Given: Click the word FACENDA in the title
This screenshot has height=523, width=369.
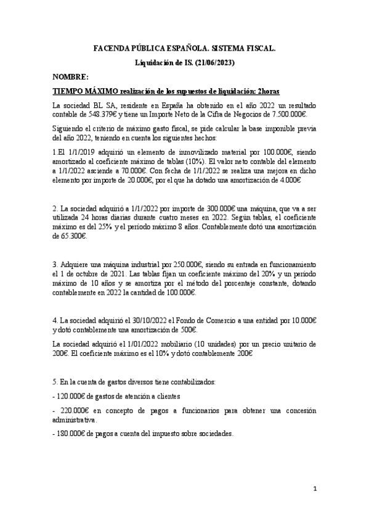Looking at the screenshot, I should click(x=113, y=47).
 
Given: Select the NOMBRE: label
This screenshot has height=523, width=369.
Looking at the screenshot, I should click(x=71, y=77).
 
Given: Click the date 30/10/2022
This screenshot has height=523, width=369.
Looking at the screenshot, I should click(x=132, y=320).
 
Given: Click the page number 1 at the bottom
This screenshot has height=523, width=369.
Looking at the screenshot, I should click(x=314, y=490).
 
